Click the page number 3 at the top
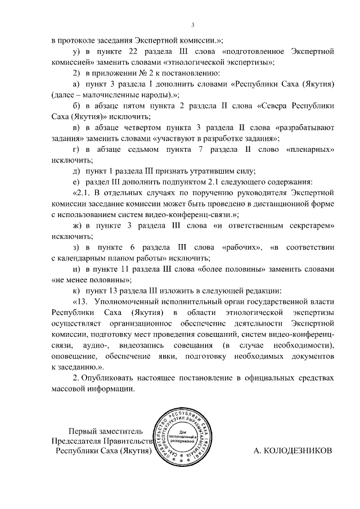(192, 25)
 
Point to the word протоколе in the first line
(84, 40)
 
